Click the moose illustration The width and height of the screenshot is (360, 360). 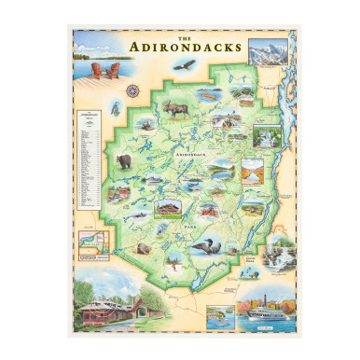[x=175, y=110]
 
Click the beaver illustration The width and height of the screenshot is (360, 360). [x=144, y=250]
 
